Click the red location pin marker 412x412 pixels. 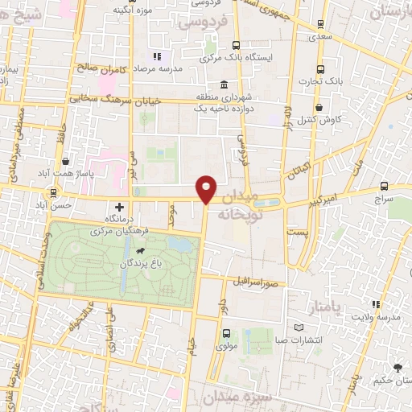click(x=207, y=189)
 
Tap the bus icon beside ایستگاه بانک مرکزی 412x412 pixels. click(x=236, y=46)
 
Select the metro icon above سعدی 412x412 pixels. click(x=321, y=25)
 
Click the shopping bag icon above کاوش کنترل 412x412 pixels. click(x=319, y=107)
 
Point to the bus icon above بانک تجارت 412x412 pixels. click(x=320, y=70)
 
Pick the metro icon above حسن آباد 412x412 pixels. click(x=54, y=193)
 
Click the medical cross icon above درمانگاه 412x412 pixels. click(x=120, y=207)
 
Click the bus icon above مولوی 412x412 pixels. click(x=226, y=333)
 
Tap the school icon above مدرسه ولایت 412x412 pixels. click(x=375, y=304)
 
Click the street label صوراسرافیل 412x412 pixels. click(x=256, y=282)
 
